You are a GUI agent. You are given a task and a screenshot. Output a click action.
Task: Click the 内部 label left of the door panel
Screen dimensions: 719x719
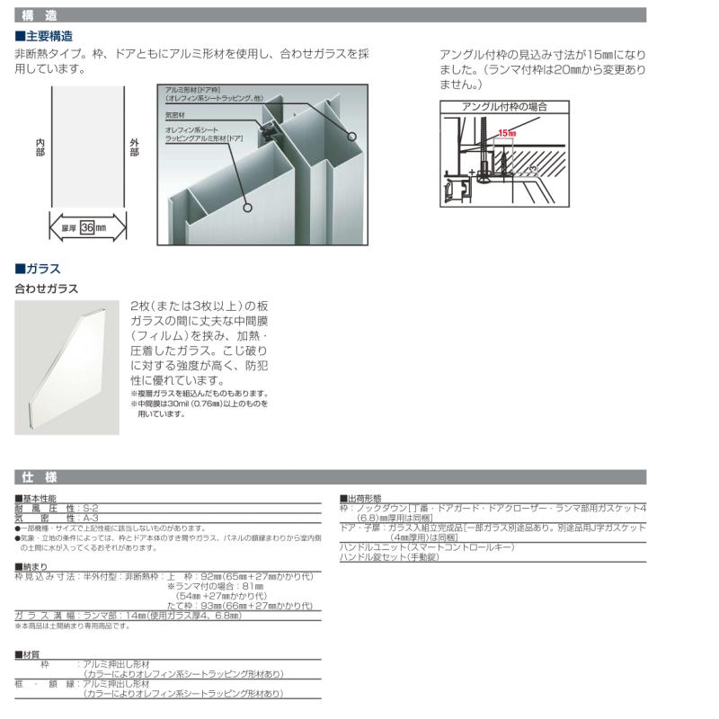pyautogui.click(x=40, y=148)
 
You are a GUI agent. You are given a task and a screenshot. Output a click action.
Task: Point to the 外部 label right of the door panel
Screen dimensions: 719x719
pyautogui.click(x=134, y=148)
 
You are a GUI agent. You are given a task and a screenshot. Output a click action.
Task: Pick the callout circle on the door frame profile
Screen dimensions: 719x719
pyautogui.click(x=351, y=138)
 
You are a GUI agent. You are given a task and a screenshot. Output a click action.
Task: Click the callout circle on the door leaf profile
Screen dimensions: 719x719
pyautogui.click(x=244, y=205)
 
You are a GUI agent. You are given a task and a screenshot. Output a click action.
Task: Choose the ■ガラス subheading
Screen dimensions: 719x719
pyautogui.click(x=38, y=269)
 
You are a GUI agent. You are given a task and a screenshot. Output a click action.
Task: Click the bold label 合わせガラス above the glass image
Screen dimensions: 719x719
pyautogui.click(x=47, y=289)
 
